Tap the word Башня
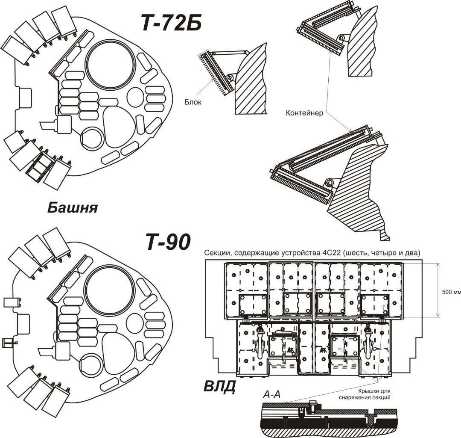[72, 208]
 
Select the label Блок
[193, 102]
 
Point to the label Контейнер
[304, 113]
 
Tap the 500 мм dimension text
[452, 293]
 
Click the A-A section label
[271, 396]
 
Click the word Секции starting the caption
[217, 253]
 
